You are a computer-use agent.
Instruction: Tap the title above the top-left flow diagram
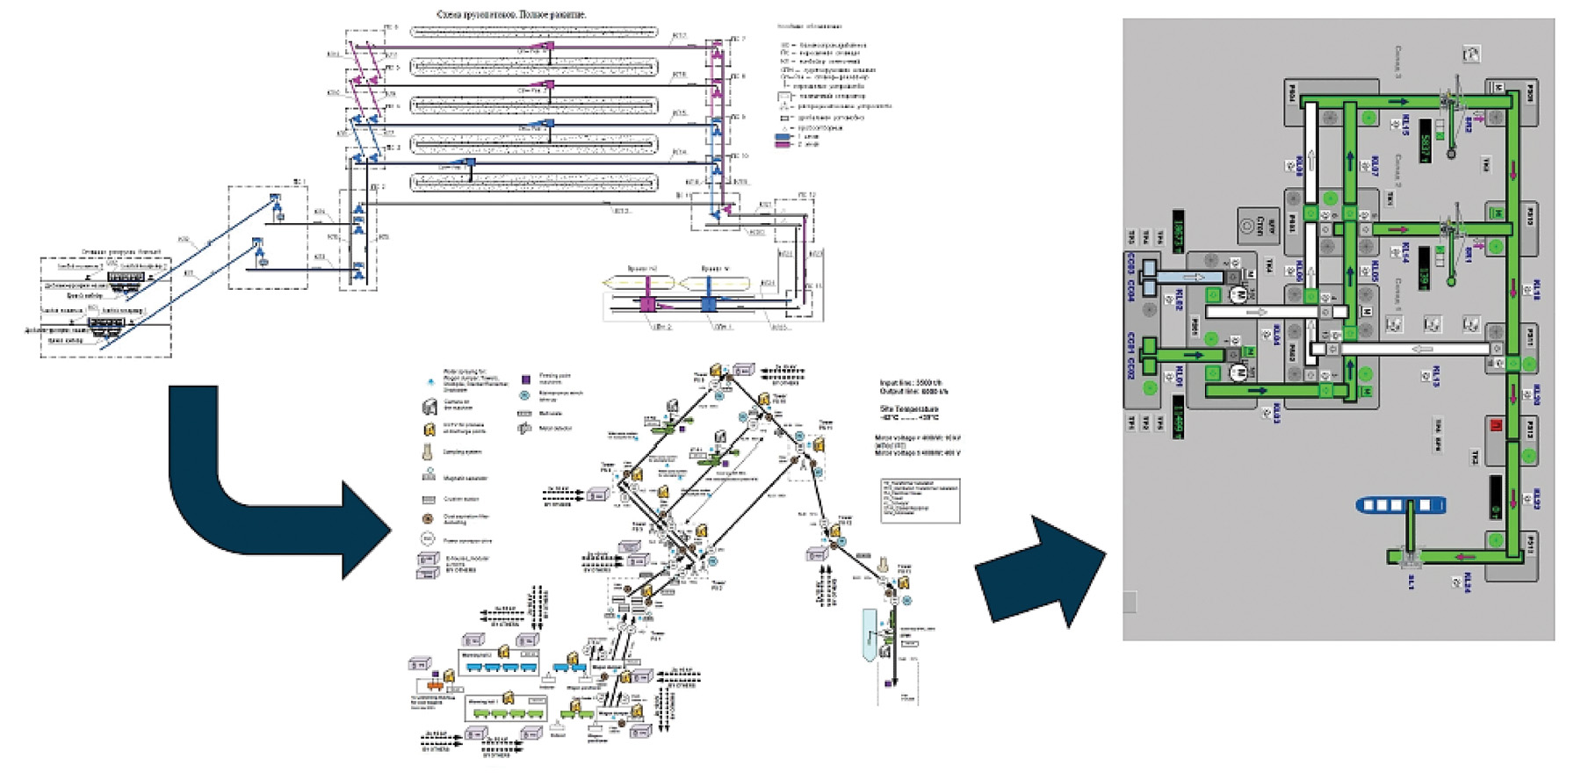click(x=511, y=15)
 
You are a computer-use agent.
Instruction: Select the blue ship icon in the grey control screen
click(x=1401, y=505)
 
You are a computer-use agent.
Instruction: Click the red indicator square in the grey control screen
click(x=1497, y=427)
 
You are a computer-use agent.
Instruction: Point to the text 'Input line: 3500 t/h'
click(x=913, y=383)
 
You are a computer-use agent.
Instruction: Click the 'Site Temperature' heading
click(x=909, y=409)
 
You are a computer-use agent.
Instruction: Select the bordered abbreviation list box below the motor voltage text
click(x=920, y=501)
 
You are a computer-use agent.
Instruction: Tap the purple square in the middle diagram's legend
click(x=525, y=379)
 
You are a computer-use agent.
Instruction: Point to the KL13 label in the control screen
click(x=1436, y=376)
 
